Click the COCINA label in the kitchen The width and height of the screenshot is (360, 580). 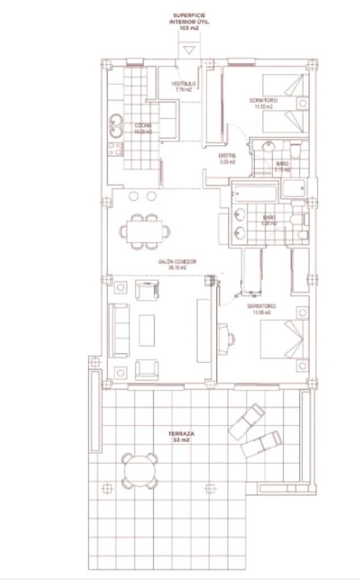[143, 128]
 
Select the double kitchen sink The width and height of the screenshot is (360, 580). [115, 126]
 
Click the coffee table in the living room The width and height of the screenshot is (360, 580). [147, 330]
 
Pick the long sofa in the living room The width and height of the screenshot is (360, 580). [118, 330]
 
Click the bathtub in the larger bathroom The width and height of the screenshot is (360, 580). [255, 194]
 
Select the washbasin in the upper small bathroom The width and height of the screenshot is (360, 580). [269, 147]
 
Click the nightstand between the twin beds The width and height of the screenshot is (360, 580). [303, 103]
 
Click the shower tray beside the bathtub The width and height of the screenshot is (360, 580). [294, 188]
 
